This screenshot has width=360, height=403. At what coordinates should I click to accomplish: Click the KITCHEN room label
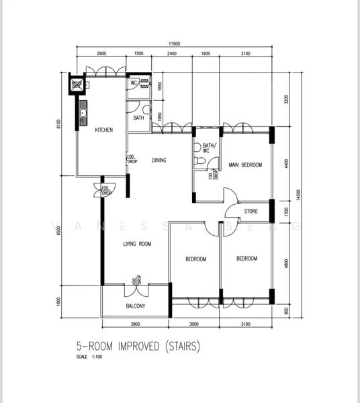103,130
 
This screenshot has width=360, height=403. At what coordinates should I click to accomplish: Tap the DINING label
159,160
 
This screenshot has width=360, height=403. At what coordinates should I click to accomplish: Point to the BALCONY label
136,307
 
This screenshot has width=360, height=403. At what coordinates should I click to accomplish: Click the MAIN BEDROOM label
245,165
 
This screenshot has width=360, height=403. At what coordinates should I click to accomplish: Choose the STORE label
251,212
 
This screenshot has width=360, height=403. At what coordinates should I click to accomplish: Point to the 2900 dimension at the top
101,52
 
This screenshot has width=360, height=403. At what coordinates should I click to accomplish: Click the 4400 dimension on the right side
286,163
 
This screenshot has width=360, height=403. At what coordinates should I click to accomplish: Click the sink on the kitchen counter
83,115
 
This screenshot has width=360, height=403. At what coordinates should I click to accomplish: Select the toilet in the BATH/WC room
198,162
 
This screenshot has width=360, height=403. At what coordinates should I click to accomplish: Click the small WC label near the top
134,83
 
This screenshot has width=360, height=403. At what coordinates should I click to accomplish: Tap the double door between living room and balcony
136,283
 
